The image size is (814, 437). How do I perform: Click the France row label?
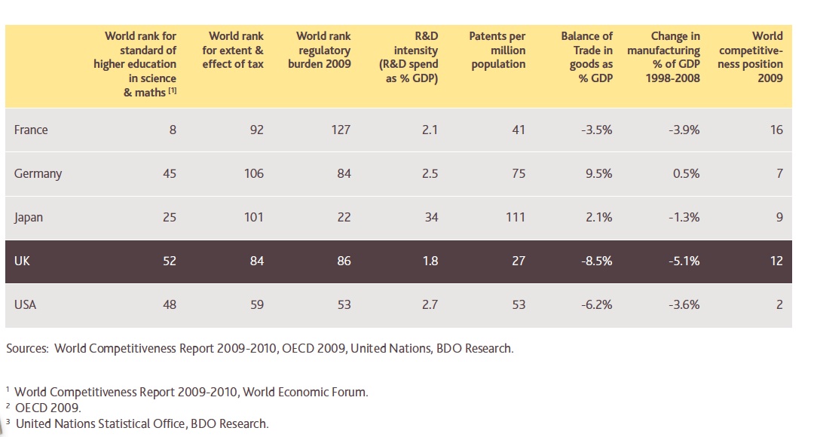click(x=31, y=130)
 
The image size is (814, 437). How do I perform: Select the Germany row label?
click(x=38, y=173)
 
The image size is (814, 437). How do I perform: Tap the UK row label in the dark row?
click(x=22, y=261)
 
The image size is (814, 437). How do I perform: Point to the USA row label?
click(x=25, y=304)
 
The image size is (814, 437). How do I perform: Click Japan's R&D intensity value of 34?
click(x=430, y=217)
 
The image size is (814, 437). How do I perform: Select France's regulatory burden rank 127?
click(x=341, y=130)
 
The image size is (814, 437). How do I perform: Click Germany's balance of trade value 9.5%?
click(x=598, y=173)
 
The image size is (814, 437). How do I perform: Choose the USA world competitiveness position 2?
click(x=779, y=304)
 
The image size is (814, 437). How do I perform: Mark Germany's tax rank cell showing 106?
click(x=254, y=173)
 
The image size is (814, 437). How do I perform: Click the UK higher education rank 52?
click(x=170, y=261)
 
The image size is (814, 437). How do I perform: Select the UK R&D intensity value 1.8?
click(x=430, y=261)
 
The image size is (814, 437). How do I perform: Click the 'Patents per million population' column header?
click(x=497, y=50)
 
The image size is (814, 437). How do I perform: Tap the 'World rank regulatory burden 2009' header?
click(x=320, y=50)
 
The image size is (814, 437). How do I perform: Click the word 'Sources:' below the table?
click(x=28, y=348)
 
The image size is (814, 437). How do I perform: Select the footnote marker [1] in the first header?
click(x=172, y=91)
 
